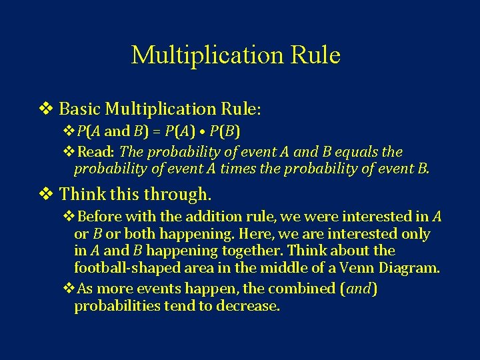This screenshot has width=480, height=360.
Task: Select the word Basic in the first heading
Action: coord(80,108)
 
